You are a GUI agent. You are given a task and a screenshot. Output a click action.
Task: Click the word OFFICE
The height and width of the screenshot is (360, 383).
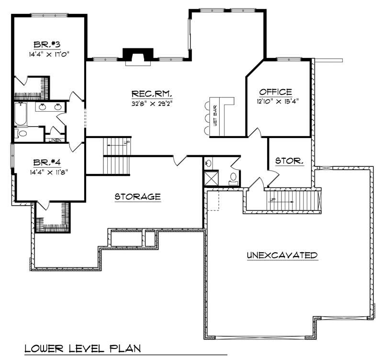[x=275, y=92]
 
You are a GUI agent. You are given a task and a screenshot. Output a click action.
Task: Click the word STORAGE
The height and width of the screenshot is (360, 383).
[x=137, y=197]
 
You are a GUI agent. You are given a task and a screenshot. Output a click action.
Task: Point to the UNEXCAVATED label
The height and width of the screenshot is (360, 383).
[x=282, y=255]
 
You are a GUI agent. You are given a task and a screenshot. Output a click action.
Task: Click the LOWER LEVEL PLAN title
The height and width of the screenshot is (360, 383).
[x=82, y=348]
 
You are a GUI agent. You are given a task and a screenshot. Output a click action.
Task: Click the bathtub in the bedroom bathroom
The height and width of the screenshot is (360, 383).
[x=20, y=114]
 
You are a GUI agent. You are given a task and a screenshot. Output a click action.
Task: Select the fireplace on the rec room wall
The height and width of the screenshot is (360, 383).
[x=138, y=57]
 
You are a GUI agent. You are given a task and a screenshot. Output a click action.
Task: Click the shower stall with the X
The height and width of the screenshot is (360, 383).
[x=211, y=178]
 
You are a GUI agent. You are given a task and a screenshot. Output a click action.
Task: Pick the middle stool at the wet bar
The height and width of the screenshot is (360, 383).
[x=207, y=117]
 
